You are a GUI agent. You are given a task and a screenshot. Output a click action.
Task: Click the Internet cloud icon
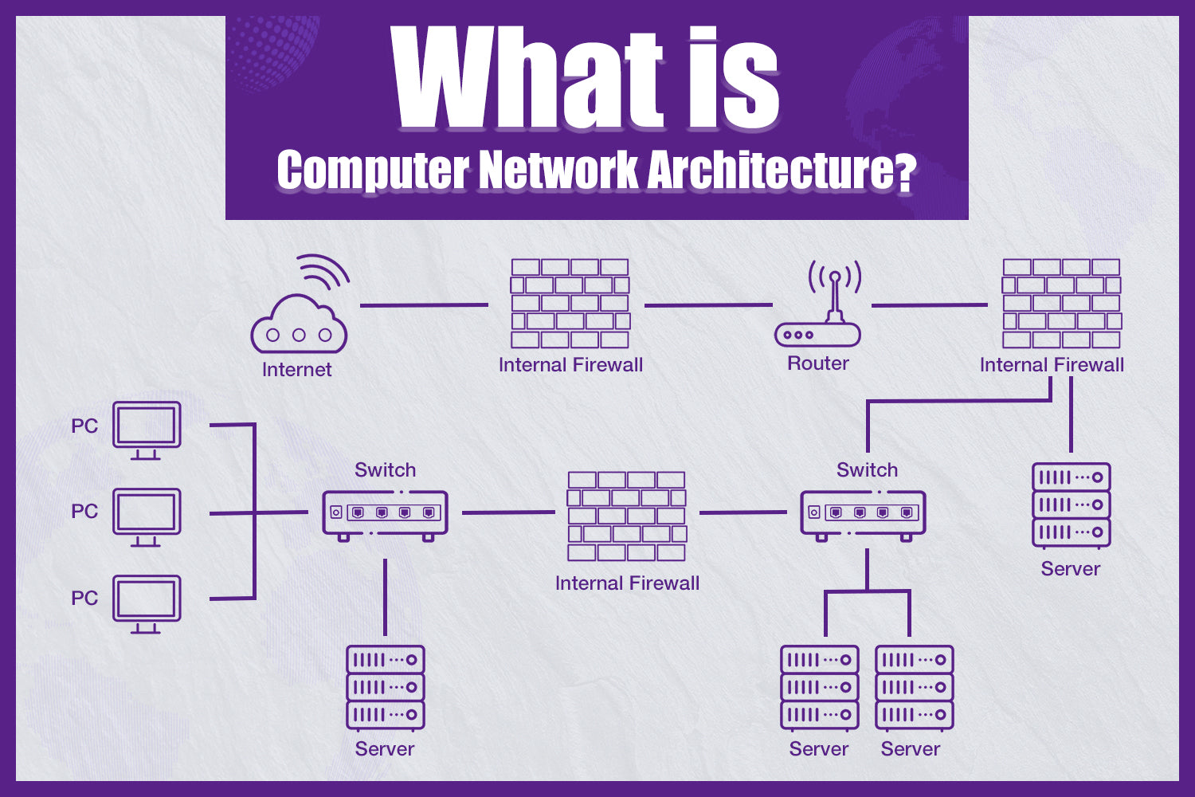[x=299, y=323]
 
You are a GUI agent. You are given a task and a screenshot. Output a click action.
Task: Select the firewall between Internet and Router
[x=570, y=304]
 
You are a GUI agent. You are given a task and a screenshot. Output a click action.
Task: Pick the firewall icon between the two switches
[x=626, y=516]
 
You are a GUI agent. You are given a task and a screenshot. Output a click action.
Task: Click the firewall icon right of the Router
[x=1062, y=304]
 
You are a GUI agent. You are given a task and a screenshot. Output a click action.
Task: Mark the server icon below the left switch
[x=386, y=687]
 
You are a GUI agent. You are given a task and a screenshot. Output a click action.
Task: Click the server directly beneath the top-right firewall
[x=1072, y=505]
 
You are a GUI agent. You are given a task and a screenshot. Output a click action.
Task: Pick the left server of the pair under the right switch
[x=820, y=687]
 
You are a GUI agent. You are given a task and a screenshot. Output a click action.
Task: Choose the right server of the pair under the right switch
[x=915, y=687]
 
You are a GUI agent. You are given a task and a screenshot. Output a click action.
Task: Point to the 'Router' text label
[x=818, y=363]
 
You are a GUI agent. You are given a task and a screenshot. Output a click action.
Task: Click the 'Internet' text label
[x=297, y=370]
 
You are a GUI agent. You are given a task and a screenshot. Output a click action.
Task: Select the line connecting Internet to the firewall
[x=424, y=304]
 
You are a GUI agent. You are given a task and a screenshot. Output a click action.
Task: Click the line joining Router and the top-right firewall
[x=930, y=304]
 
